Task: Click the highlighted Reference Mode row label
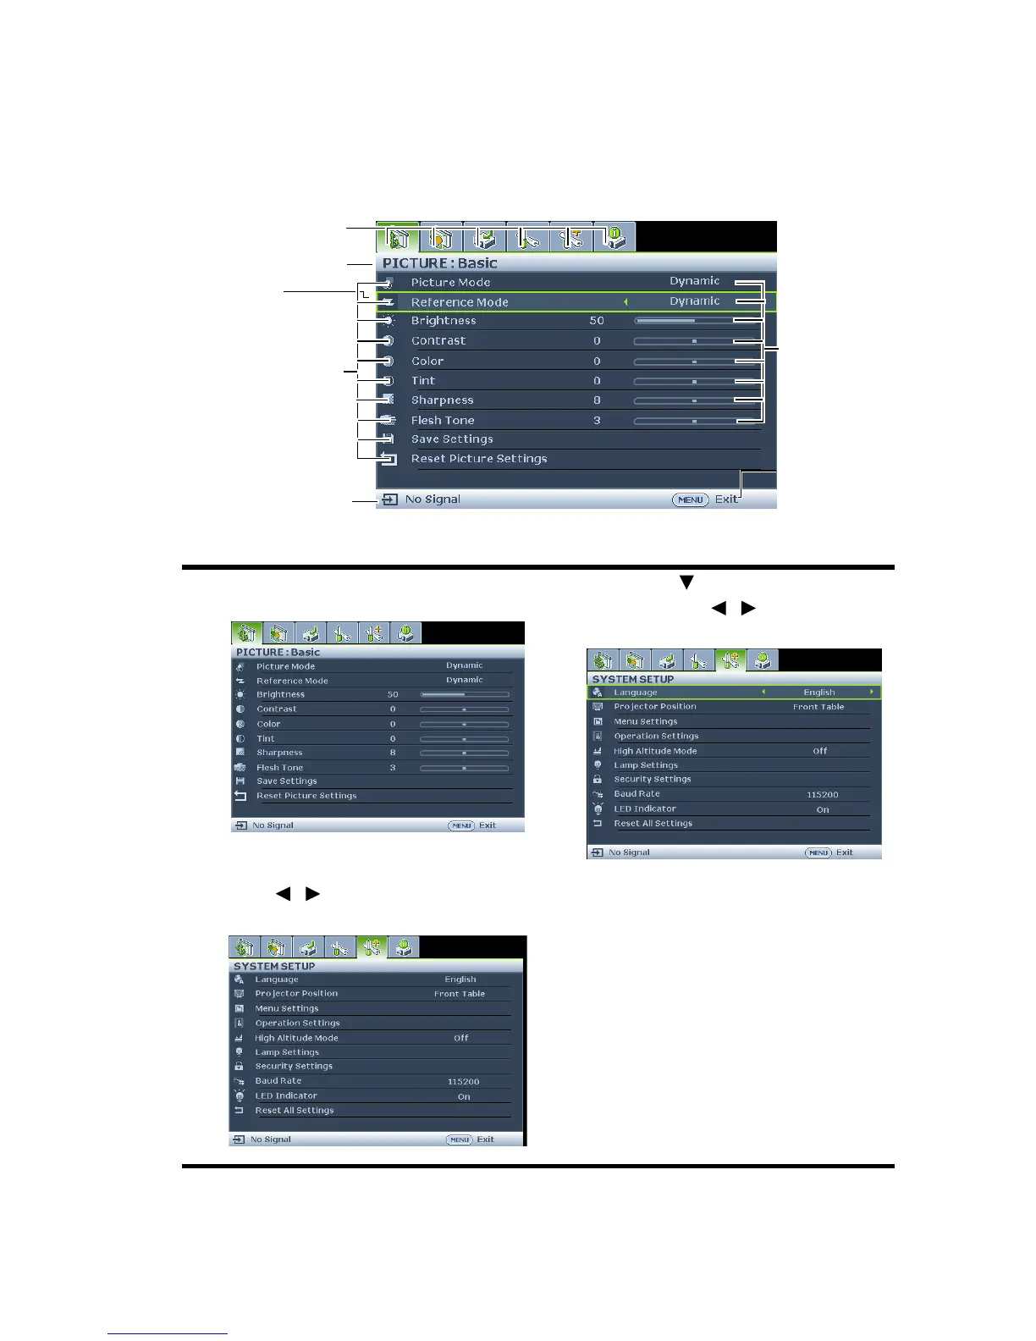pos(460,302)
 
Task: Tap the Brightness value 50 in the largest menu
pos(597,321)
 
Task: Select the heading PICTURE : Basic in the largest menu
pos(439,263)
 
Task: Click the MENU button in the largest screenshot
pos(690,499)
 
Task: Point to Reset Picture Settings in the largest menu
pos(479,459)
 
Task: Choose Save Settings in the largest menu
pos(452,439)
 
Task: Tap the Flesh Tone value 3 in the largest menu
pos(597,421)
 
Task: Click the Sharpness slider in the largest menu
pos(684,400)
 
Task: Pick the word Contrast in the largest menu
pos(438,341)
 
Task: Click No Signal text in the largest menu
pos(433,499)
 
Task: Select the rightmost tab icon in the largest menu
pos(614,237)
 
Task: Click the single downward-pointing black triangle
pos(686,582)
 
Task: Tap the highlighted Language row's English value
pos(818,693)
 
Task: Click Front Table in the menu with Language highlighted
pos(818,707)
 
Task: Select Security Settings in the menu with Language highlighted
pos(652,779)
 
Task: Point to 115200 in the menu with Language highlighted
pos(822,795)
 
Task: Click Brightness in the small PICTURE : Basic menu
pos(280,694)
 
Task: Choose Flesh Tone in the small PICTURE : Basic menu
pos(279,768)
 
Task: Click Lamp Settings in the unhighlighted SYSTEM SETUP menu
pos(287,1052)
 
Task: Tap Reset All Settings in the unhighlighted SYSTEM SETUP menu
pos(295,1111)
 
